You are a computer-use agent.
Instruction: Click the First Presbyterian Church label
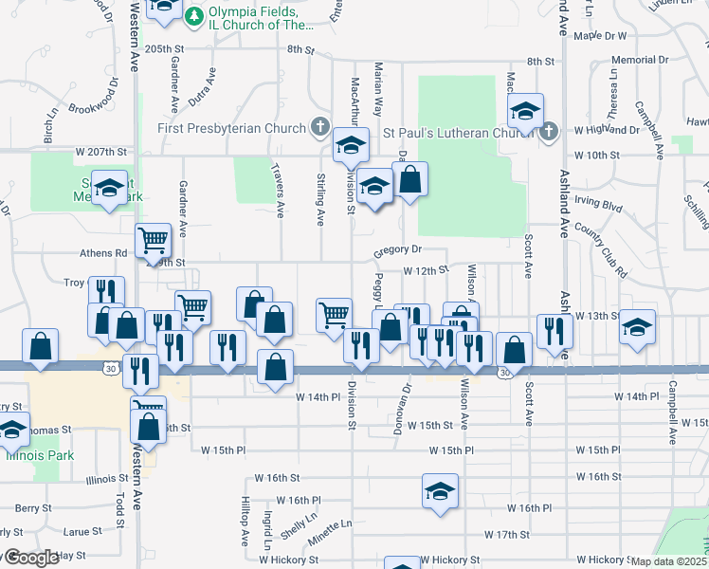pos(232,128)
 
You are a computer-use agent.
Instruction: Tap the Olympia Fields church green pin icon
pos(194,16)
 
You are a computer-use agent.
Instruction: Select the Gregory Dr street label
pos(396,249)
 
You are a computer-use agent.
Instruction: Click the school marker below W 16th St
pos(440,491)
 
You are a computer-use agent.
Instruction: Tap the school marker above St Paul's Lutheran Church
pos(524,111)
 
